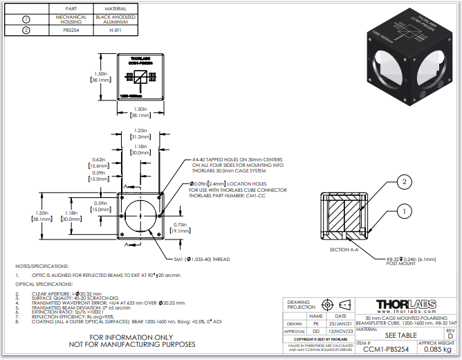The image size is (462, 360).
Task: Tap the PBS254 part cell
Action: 71,30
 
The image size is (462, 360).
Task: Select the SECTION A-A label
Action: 344,249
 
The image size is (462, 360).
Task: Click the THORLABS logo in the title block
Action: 406,305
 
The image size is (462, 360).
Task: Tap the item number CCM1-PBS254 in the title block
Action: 386,350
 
